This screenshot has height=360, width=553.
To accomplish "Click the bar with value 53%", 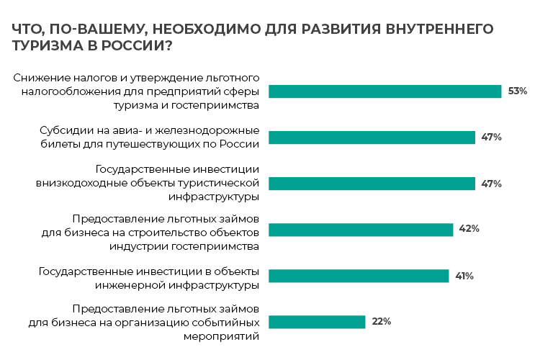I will tap(385, 91).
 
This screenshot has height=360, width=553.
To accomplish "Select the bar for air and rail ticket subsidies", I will tap(372, 138).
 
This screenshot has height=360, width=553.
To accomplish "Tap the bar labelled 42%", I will tap(360, 230).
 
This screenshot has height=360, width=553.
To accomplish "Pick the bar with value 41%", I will tap(358, 276).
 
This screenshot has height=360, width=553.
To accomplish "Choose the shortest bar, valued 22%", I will tap(317, 322).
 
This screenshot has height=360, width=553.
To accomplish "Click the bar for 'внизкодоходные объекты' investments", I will tap(372, 184).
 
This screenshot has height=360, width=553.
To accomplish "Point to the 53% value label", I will tap(518, 91).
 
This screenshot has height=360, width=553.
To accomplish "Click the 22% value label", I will tap(382, 322).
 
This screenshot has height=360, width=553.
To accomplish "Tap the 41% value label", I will tap(463, 276).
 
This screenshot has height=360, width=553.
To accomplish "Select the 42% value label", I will tap(469, 230).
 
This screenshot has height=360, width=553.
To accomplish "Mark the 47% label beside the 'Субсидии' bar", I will tap(492, 138).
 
